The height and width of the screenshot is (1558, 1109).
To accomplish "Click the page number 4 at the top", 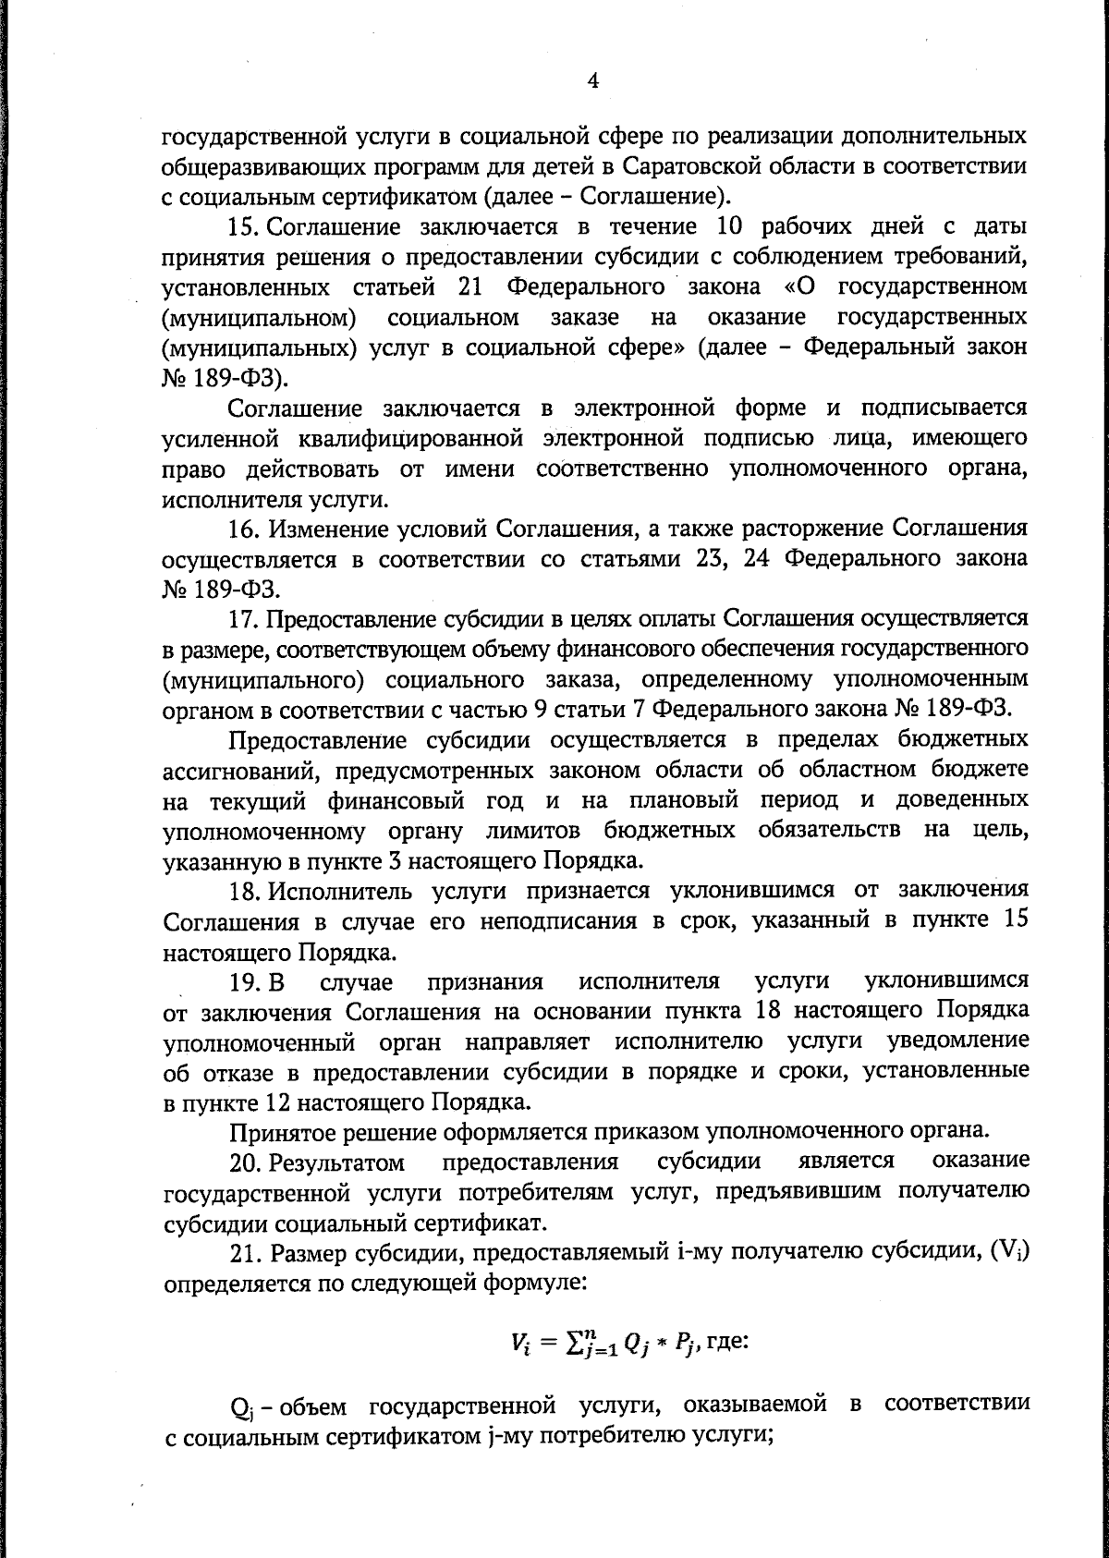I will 593,81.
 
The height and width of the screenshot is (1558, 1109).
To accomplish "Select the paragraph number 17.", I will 245,618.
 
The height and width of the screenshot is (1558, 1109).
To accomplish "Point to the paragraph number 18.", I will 244,891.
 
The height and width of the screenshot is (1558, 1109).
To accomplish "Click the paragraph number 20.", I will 248,1162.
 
